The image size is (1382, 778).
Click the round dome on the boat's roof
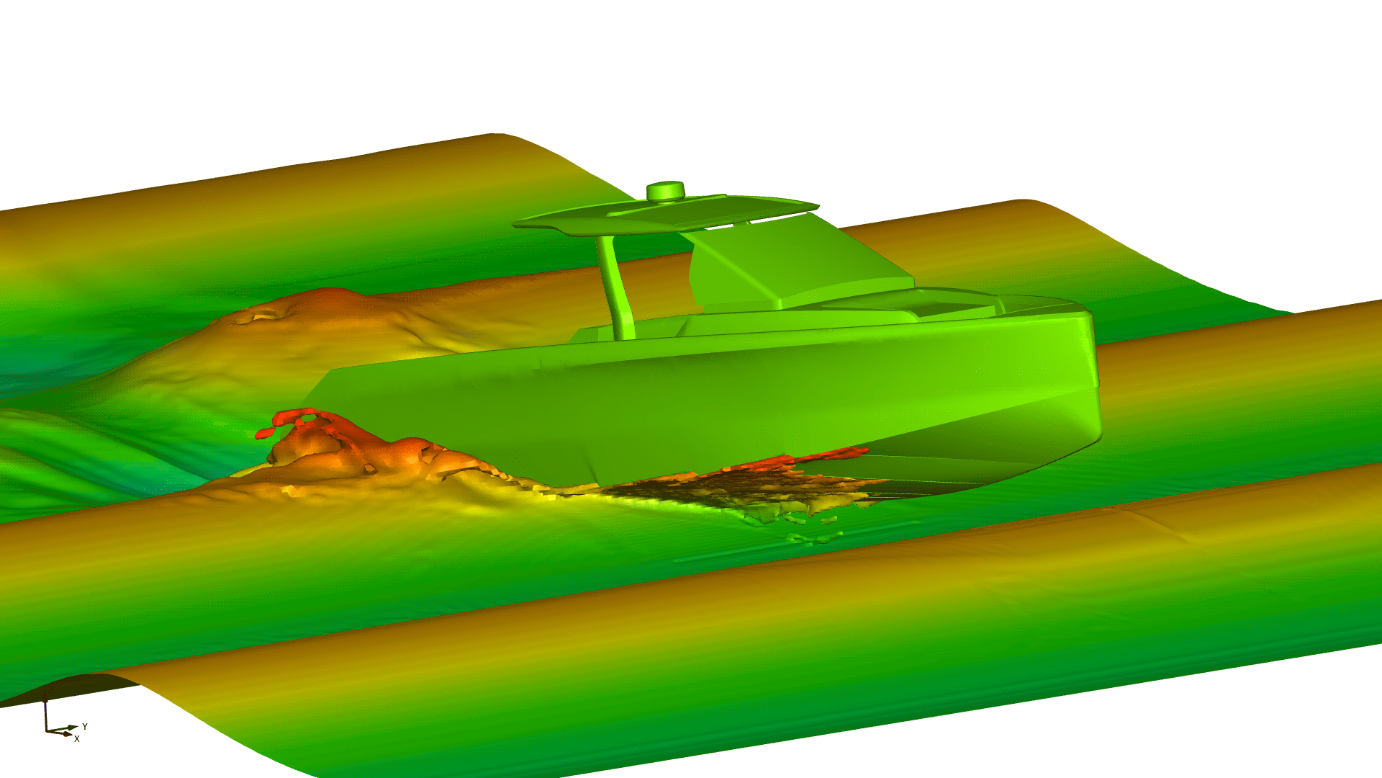click(665, 191)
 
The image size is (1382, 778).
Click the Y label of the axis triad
click(85, 726)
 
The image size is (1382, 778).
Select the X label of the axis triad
click(77, 738)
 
